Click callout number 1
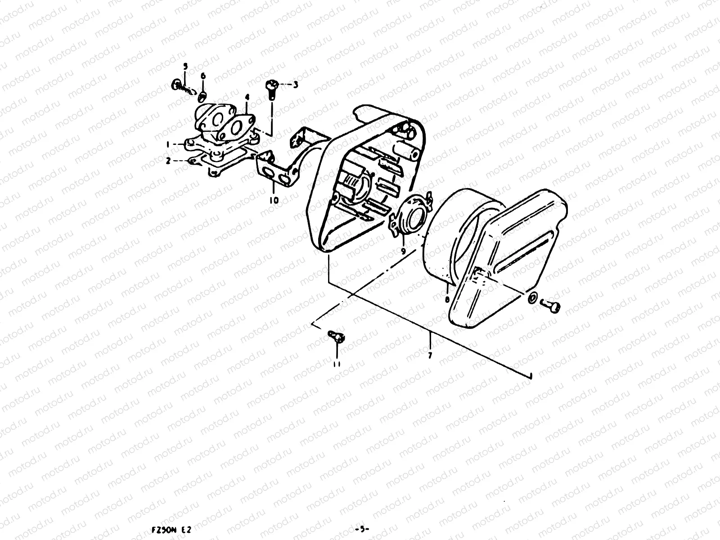(x=168, y=144)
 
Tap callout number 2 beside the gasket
(x=168, y=160)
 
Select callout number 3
(x=295, y=84)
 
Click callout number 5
(x=184, y=66)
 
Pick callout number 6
(x=203, y=76)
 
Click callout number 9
(x=403, y=251)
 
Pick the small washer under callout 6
(x=202, y=95)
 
